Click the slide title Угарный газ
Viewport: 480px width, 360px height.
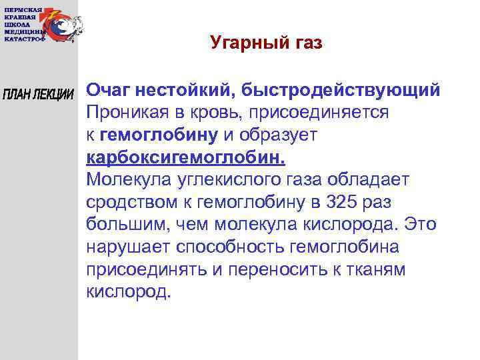265,43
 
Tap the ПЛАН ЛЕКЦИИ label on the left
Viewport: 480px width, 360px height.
38,94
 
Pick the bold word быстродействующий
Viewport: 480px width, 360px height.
341,89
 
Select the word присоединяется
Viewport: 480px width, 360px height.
319,112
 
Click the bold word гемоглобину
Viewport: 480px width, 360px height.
159,135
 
